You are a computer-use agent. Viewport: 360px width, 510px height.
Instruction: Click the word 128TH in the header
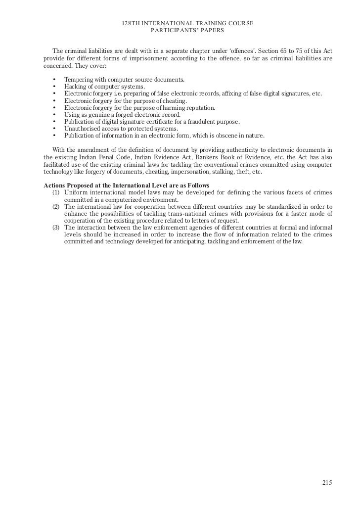(130, 24)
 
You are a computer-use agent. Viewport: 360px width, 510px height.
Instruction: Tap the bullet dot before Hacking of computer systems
(53, 87)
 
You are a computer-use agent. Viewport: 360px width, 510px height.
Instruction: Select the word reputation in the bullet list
(198, 107)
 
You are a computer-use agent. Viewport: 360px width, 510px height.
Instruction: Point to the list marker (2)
(56, 206)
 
